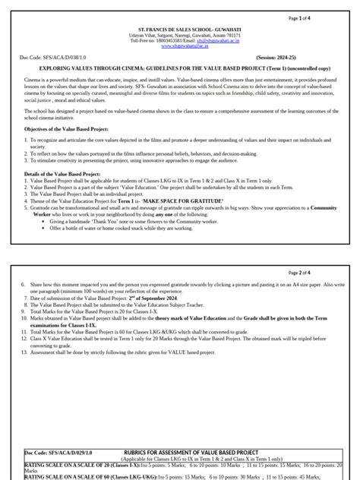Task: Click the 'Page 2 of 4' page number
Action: point(325,273)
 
